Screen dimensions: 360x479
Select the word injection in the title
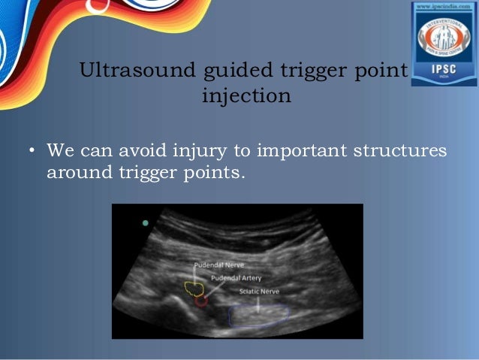pos(246,97)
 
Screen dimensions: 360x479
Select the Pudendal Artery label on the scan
pos(236,277)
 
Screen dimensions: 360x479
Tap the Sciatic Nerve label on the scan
pos(259,291)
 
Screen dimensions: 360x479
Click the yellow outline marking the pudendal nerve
pos(194,288)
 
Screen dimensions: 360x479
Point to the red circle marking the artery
pos(200,301)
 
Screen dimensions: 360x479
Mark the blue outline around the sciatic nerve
pos(259,316)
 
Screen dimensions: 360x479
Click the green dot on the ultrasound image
pos(145,223)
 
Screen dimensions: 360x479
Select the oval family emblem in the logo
pos(443,40)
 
